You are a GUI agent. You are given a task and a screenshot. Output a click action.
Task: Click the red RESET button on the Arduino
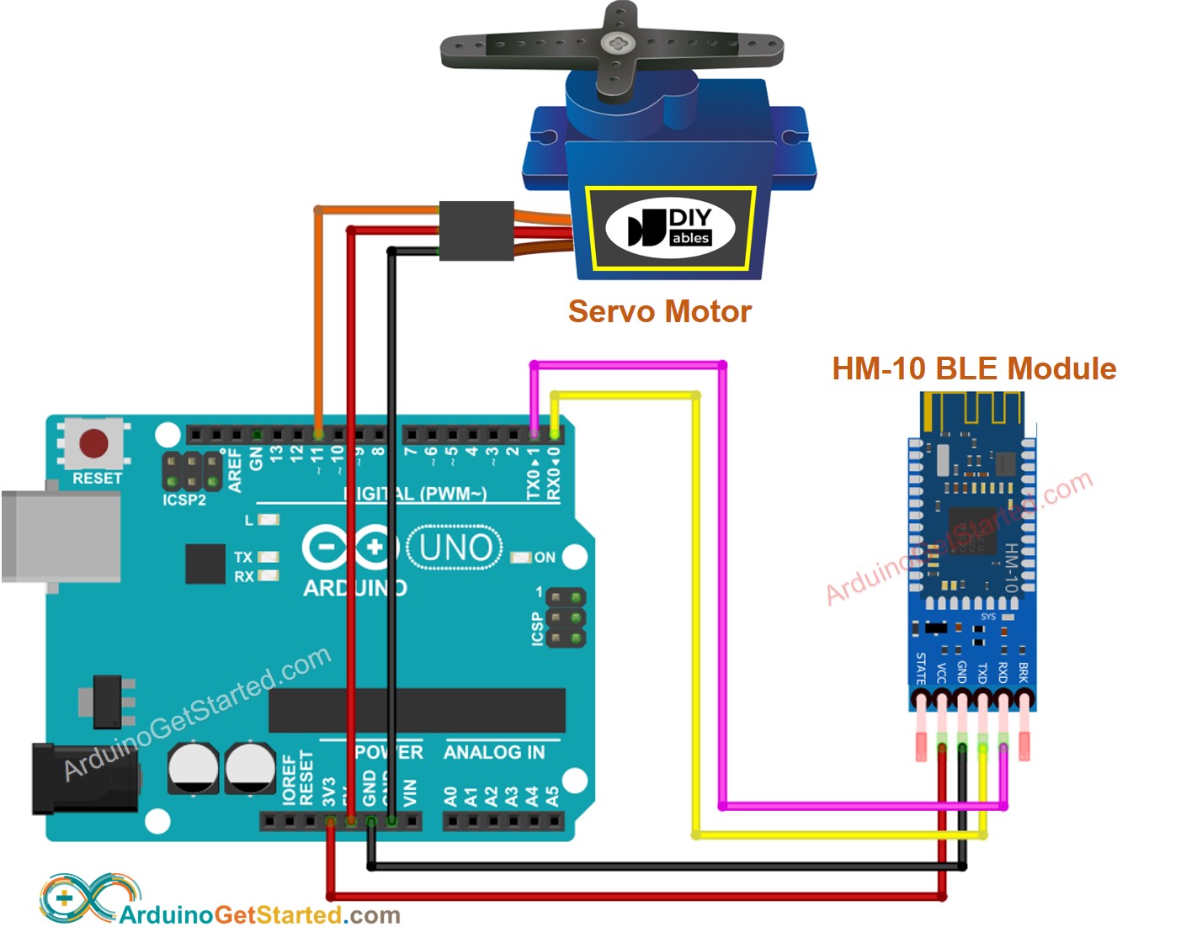click(93, 443)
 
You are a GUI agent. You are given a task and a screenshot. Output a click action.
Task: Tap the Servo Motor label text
click(659, 312)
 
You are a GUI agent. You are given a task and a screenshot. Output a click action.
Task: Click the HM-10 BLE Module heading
click(974, 368)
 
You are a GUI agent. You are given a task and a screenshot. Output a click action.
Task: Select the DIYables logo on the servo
click(670, 228)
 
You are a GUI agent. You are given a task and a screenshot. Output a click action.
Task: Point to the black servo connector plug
click(476, 230)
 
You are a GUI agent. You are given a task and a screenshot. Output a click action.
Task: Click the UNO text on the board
click(455, 548)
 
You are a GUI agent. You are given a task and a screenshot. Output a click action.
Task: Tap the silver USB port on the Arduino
click(59, 537)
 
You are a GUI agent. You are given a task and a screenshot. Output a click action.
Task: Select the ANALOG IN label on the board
click(494, 752)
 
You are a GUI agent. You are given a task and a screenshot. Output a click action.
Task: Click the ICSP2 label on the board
click(184, 501)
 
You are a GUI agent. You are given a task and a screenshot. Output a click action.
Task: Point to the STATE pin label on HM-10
click(921, 668)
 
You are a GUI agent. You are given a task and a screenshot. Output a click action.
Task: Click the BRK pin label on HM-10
click(1024, 671)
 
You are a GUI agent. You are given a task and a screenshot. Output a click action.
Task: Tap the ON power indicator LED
click(522, 557)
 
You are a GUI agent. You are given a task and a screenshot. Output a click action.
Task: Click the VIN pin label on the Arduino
click(410, 792)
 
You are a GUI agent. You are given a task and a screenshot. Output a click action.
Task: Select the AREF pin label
click(236, 470)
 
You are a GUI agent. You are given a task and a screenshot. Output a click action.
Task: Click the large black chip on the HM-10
click(973, 531)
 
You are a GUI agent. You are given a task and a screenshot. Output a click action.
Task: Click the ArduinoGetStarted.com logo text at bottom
click(259, 914)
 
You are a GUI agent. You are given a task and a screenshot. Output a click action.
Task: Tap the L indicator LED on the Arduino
click(269, 520)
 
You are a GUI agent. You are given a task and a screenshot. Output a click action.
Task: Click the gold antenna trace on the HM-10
click(971, 411)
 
